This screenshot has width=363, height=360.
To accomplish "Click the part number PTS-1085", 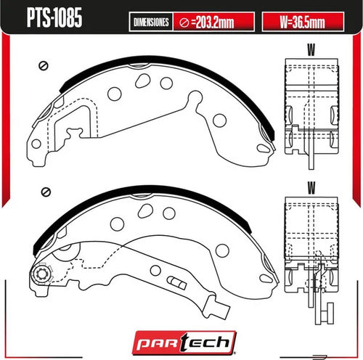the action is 54,17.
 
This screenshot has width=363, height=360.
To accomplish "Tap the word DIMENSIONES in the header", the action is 151,22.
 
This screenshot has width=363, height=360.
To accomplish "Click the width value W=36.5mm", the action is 303,22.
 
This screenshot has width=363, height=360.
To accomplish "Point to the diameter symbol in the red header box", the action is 184,22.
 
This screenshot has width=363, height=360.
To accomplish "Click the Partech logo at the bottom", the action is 184,343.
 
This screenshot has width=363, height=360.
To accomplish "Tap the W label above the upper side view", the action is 311,50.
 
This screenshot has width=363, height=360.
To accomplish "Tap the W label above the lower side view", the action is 311,188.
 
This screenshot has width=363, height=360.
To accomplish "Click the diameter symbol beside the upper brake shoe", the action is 44,65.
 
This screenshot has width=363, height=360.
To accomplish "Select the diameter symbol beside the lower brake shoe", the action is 46,192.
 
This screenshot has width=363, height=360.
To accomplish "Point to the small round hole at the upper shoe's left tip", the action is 36,144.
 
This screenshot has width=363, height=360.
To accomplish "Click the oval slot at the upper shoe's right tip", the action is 263,148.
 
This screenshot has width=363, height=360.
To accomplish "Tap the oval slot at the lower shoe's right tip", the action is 266,278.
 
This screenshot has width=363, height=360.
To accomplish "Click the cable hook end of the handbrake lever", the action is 216,308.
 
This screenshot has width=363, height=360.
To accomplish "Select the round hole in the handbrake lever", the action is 155,270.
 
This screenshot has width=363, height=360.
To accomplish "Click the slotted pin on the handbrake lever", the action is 176,282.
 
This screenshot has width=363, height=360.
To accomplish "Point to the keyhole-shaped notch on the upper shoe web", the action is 195,99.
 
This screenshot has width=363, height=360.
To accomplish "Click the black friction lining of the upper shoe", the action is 167,62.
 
